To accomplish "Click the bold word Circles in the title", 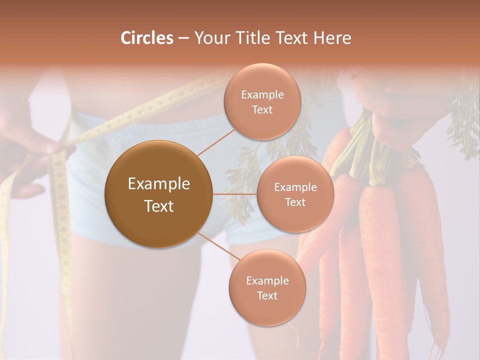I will (x=146, y=38).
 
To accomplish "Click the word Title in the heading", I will (x=249, y=38).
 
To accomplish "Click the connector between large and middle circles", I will (x=234, y=194).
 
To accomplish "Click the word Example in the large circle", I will (x=159, y=184).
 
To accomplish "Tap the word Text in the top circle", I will (x=262, y=110).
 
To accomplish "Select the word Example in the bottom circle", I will (x=267, y=281).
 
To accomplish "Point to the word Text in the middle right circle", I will (x=295, y=202).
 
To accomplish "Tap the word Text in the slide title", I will (x=288, y=38).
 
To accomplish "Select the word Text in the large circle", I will (x=159, y=206).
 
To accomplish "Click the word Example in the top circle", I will (x=262, y=95).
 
